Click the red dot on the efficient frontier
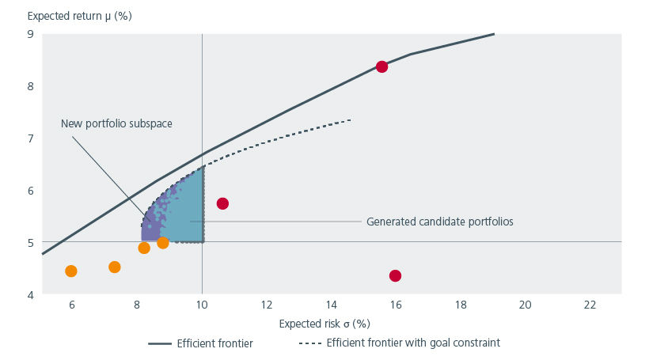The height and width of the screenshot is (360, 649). (x=381, y=66)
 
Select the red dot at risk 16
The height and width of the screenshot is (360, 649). (x=395, y=275)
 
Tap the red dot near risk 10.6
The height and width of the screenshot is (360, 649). (x=222, y=203)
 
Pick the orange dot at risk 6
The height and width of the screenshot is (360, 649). (x=71, y=271)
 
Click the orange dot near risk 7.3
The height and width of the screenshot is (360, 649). (x=114, y=267)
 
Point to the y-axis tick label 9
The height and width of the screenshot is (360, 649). (x=29, y=34)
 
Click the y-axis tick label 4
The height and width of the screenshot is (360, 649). (x=29, y=294)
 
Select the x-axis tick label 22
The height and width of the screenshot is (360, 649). (x=589, y=305)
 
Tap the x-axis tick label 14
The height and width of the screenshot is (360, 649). (x=332, y=305)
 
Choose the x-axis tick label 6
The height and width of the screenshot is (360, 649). (x=71, y=305)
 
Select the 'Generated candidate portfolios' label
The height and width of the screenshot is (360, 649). (x=440, y=222)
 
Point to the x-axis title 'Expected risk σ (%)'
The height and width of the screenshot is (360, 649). (x=324, y=324)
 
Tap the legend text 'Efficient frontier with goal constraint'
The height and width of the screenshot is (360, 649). (x=413, y=343)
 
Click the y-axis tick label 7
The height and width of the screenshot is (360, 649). (x=29, y=138)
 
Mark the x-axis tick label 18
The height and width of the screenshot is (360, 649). (x=460, y=305)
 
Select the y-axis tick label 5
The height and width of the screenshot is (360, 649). (x=29, y=242)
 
